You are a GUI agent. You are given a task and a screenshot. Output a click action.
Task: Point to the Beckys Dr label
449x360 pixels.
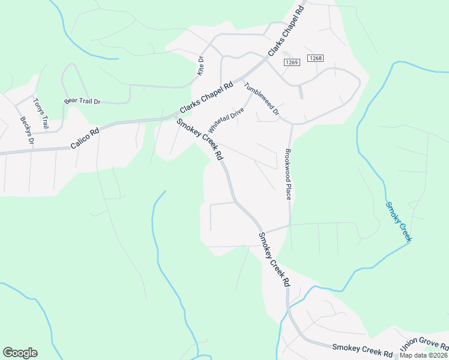pos(26,131)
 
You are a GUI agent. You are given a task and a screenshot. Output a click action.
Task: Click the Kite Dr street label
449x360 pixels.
pos(201,66)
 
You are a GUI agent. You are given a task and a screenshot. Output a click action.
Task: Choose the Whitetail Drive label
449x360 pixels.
pos(226,121)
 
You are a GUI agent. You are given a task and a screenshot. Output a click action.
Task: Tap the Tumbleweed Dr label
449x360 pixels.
pos(262,99)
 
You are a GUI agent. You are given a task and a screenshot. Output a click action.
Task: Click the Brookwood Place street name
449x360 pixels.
pos(289,175)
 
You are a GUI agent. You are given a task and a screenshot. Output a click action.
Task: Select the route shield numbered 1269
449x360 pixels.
pos(292,62)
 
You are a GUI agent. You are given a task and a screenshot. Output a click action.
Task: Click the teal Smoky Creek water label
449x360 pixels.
pos(399,221)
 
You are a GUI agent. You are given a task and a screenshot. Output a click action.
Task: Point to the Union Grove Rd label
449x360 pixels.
pos(424,344)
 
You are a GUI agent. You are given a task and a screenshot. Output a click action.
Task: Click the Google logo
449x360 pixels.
pos(20,353)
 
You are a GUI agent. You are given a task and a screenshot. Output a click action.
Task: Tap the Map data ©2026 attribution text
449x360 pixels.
pos(424,355)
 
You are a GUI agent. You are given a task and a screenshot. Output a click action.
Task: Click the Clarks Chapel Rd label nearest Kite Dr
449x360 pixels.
pos(206,98)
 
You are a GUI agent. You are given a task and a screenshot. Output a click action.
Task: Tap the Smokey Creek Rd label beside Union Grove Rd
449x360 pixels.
pos(362,349)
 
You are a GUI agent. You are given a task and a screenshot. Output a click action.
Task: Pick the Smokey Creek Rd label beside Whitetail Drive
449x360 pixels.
pos(200,139)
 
